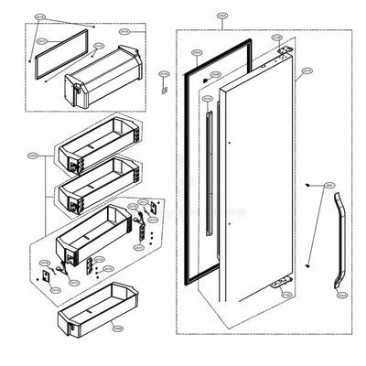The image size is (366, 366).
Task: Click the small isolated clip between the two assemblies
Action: (164, 89)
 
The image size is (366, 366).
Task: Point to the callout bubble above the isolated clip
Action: (164, 72)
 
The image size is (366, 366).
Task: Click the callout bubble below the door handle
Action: (341, 296)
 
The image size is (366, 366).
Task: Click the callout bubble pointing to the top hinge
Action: (277, 38)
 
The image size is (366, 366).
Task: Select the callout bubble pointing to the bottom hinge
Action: (285, 296)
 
